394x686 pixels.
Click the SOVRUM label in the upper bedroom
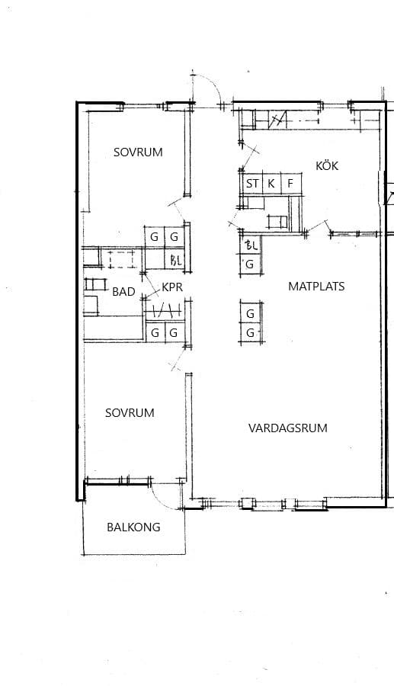click(138, 152)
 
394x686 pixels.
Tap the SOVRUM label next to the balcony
click(130, 413)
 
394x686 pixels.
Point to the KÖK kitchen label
click(327, 166)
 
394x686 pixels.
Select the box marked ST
click(252, 184)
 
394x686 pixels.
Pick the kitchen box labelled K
click(271, 184)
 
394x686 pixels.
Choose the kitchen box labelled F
click(290, 184)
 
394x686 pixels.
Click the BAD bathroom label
click(123, 292)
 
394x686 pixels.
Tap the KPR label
click(172, 287)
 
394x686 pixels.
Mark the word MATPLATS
click(316, 287)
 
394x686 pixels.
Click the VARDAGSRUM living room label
click(288, 428)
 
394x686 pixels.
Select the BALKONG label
click(133, 527)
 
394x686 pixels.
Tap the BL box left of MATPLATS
click(251, 245)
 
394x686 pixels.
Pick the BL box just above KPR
click(175, 261)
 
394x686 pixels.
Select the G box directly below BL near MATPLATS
click(251, 264)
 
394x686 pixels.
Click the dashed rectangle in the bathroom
click(122, 259)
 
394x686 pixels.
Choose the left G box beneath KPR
click(155, 333)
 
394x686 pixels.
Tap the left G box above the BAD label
click(155, 237)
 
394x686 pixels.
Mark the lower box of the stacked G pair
click(251, 333)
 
